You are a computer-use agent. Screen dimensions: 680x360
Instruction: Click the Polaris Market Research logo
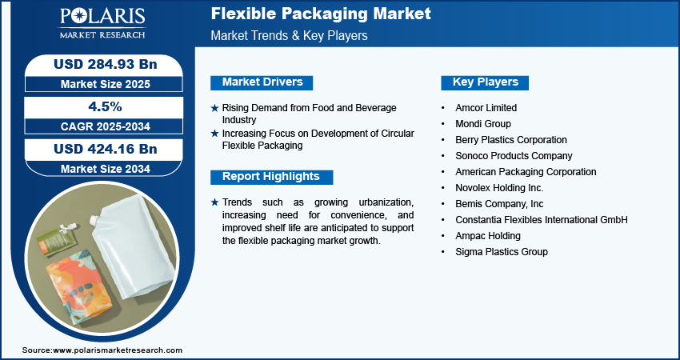point(102,22)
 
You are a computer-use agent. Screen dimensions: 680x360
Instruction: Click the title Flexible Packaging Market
point(321,14)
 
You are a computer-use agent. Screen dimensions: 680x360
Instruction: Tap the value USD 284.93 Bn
point(105,65)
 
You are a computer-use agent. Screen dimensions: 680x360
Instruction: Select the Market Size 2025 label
point(105,84)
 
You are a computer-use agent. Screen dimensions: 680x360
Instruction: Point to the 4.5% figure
point(105,106)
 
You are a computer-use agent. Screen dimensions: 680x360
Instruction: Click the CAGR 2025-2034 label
point(105,126)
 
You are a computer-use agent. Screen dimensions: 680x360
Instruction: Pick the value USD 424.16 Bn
point(105,150)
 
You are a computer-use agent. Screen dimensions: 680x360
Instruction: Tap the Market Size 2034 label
point(105,169)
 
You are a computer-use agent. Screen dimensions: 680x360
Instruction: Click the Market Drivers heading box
point(262,82)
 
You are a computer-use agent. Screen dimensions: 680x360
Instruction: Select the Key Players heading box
point(485,82)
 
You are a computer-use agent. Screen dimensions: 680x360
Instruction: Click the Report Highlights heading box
point(271,177)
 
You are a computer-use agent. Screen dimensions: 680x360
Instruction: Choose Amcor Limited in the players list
point(486,107)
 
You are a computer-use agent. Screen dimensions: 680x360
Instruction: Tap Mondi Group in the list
point(483,124)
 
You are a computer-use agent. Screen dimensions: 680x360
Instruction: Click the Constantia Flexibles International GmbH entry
point(542,220)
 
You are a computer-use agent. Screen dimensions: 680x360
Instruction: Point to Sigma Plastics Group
point(502,252)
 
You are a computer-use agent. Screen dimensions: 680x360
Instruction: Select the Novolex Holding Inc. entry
point(499,188)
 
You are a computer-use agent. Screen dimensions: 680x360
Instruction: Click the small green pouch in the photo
point(56,238)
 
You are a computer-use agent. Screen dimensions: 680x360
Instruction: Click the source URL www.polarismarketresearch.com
point(118,350)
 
